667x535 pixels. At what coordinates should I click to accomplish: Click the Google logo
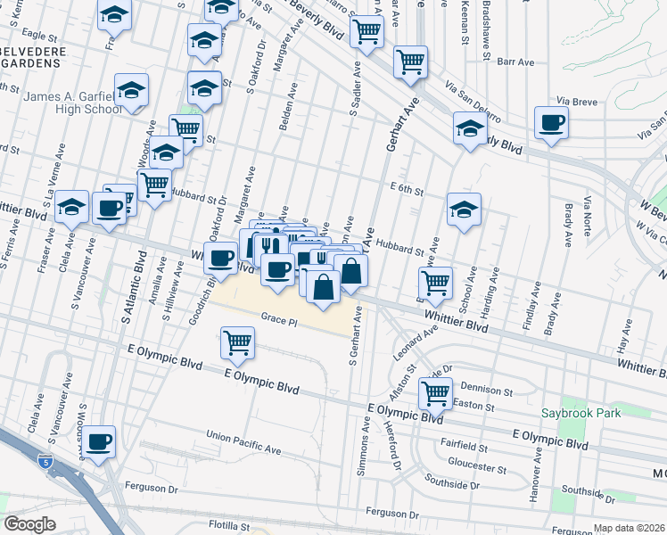(x=30, y=524)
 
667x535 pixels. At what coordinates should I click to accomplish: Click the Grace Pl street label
(x=278, y=317)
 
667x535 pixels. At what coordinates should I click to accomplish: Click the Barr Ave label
(x=515, y=62)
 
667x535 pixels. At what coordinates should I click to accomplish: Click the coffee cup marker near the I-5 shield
(x=99, y=440)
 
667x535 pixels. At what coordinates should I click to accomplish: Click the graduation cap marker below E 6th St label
(x=464, y=210)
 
